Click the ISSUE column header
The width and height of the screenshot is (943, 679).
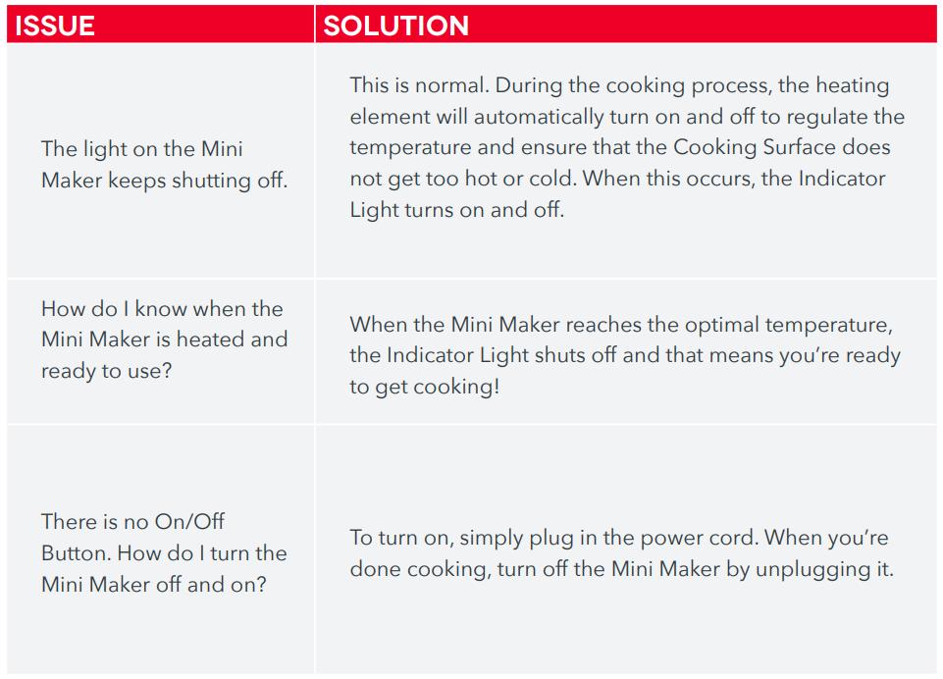(55, 25)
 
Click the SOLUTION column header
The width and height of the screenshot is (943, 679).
(395, 25)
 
